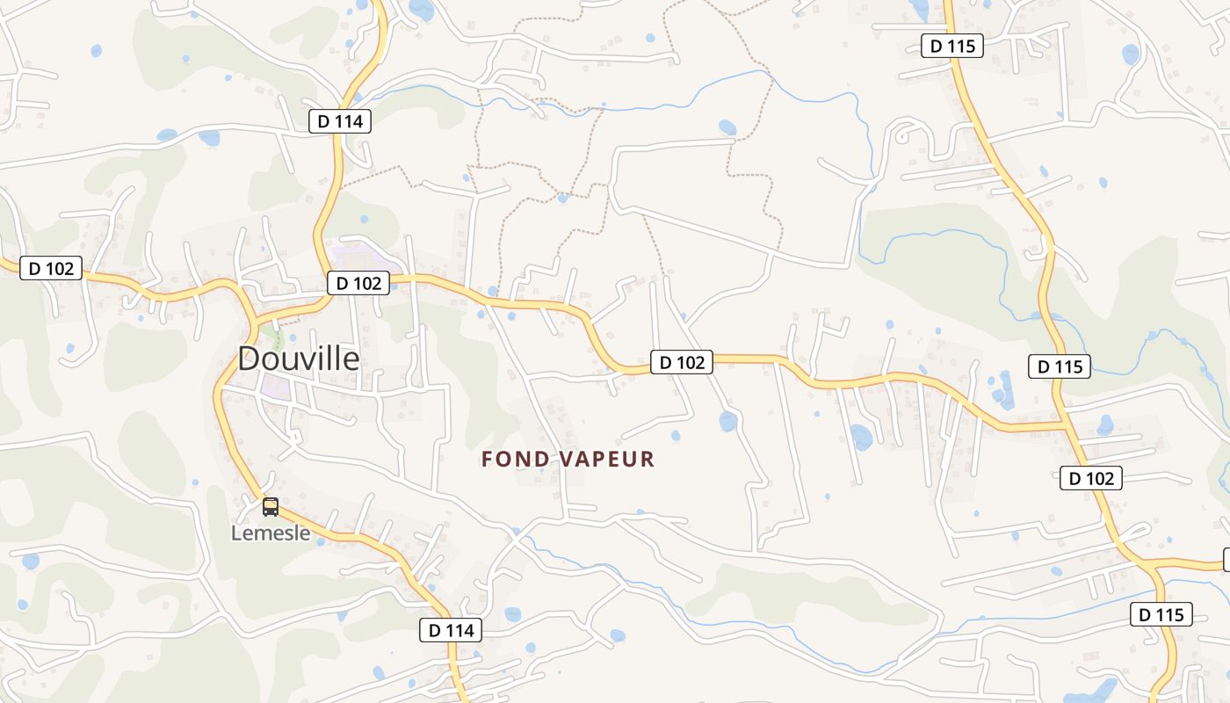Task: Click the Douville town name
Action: tap(299, 359)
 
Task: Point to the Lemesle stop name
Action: tap(271, 533)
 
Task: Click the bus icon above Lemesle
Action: tap(271, 507)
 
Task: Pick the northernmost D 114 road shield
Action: tap(340, 121)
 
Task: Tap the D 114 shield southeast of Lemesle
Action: tap(451, 630)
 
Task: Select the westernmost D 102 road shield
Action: tap(51, 268)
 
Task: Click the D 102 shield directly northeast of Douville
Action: tap(358, 283)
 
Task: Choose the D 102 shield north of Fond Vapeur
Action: tap(682, 362)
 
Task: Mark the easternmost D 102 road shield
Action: tap(1090, 478)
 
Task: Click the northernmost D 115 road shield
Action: tap(951, 46)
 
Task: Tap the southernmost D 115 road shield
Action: tap(1161, 615)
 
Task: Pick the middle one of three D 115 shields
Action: tap(1060, 366)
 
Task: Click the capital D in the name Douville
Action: tap(250, 359)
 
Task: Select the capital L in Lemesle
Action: tap(236, 533)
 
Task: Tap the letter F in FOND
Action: tap(488, 459)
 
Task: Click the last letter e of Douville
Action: tap(351, 360)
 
